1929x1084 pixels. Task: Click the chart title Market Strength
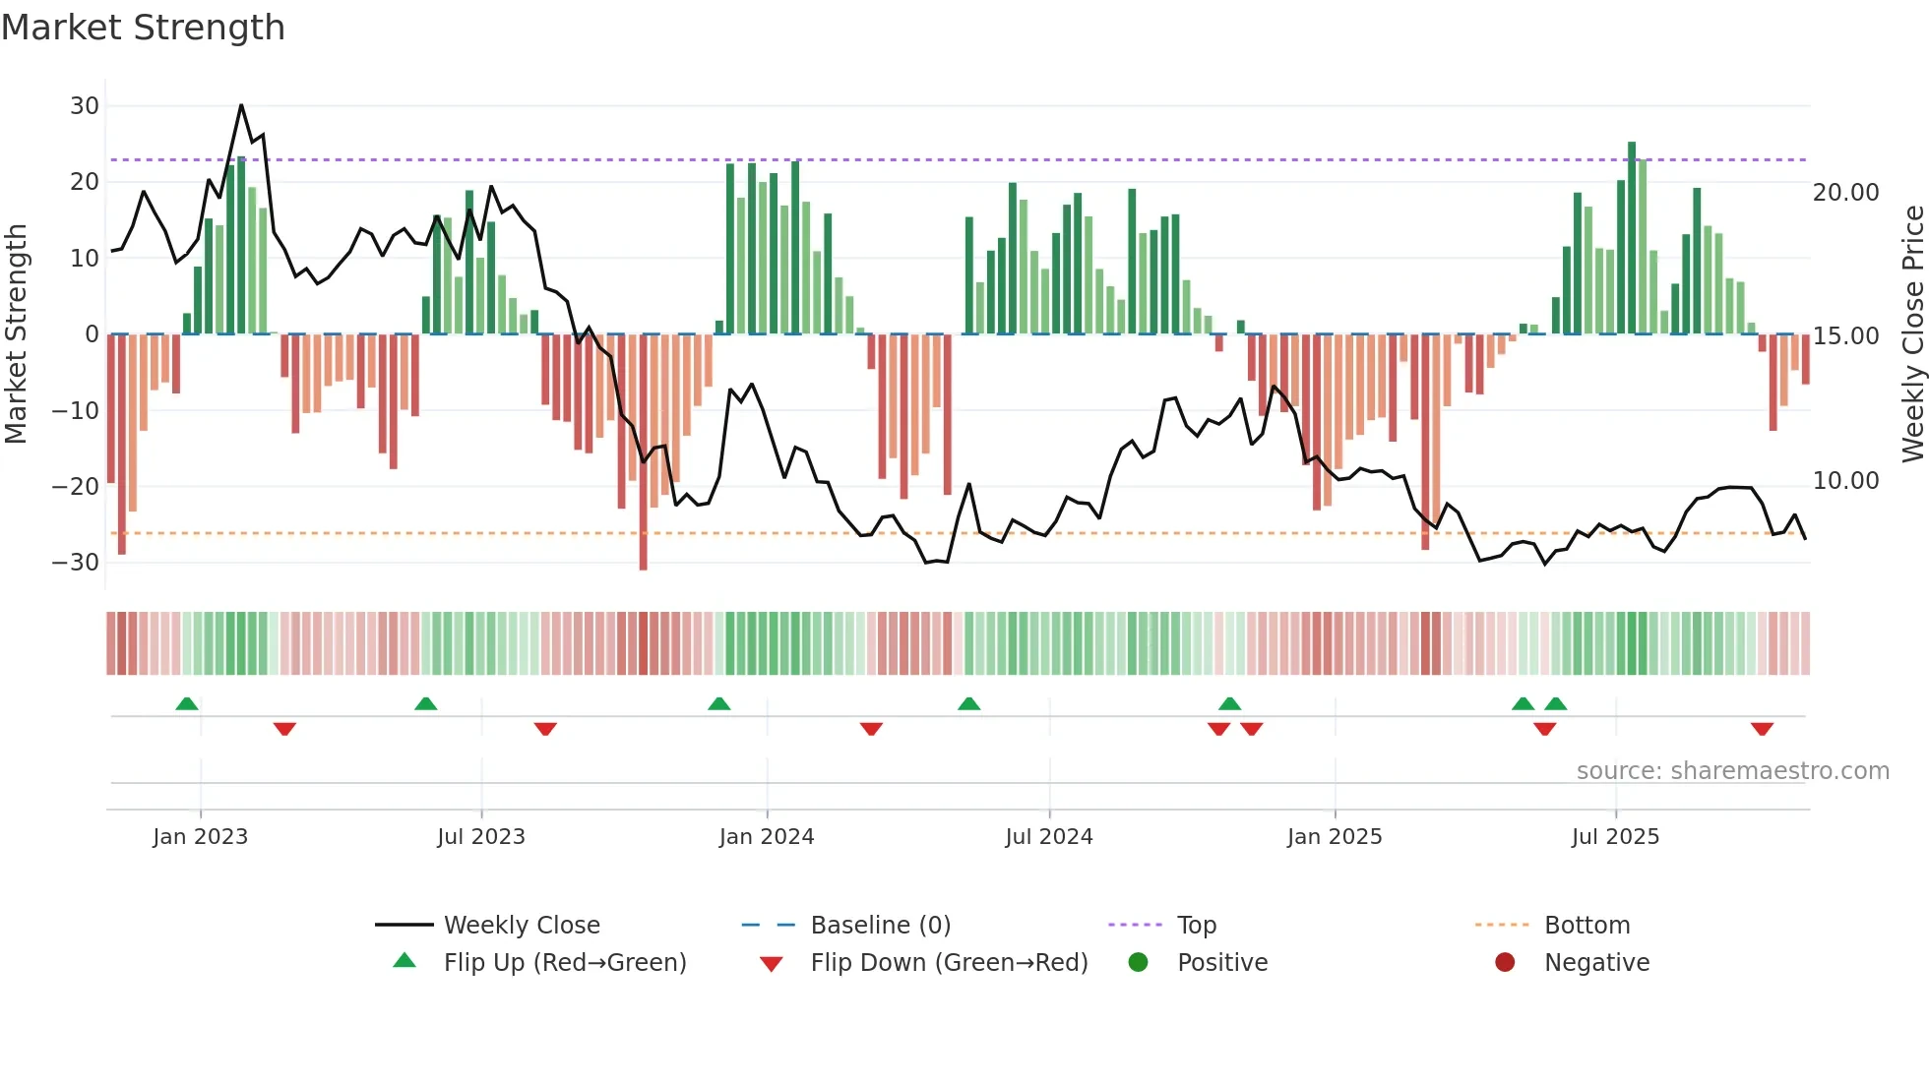pyautogui.click(x=143, y=28)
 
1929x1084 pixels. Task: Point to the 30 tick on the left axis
pyautogui.click(x=85, y=106)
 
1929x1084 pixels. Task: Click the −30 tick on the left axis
pyautogui.click(x=76, y=563)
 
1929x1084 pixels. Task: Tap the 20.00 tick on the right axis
pyautogui.click(x=1845, y=193)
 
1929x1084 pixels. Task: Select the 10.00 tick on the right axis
pyautogui.click(x=1845, y=481)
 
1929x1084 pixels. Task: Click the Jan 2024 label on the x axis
pyautogui.click(x=767, y=837)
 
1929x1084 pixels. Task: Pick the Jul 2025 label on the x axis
pyautogui.click(x=1615, y=837)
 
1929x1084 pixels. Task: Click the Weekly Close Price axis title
pyautogui.click(x=1912, y=334)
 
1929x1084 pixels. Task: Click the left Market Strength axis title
pyautogui.click(x=16, y=334)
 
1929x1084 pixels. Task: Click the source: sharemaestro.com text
pyautogui.click(x=1732, y=771)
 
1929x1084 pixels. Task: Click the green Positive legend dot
pyautogui.click(x=1138, y=963)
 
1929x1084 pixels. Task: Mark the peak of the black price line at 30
pyautogui.click(x=241, y=105)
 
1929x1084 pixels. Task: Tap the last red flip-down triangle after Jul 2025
pyautogui.click(x=1762, y=729)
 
